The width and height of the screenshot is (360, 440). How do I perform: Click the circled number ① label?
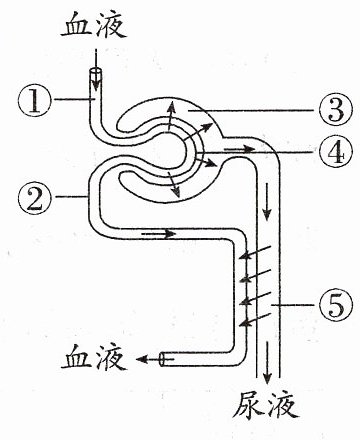tap(35, 99)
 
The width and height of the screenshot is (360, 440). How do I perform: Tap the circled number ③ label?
tap(335, 110)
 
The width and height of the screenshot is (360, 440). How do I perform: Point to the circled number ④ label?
tap(335, 152)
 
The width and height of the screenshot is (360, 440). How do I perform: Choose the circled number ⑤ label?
tap(335, 304)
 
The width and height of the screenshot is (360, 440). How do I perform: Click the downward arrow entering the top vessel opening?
tap(96, 69)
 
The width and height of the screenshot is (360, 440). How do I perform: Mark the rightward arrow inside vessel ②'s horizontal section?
tap(158, 234)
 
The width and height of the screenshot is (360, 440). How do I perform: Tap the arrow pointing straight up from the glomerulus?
tap(170, 117)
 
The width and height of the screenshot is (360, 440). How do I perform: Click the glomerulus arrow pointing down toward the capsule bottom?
tap(174, 184)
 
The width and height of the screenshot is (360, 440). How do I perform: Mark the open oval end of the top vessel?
tap(96, 72)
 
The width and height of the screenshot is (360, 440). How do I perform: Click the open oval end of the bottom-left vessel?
tap(163, 359)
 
